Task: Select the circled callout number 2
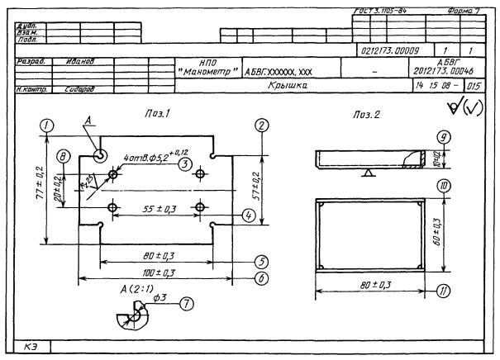click(x=261, y=125)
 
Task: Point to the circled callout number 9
click(x=445, y=137)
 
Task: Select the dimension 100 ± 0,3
click(x=156, y=272)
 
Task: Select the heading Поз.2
click(x=367, y=112)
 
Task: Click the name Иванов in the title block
click(x=80, y=62)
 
